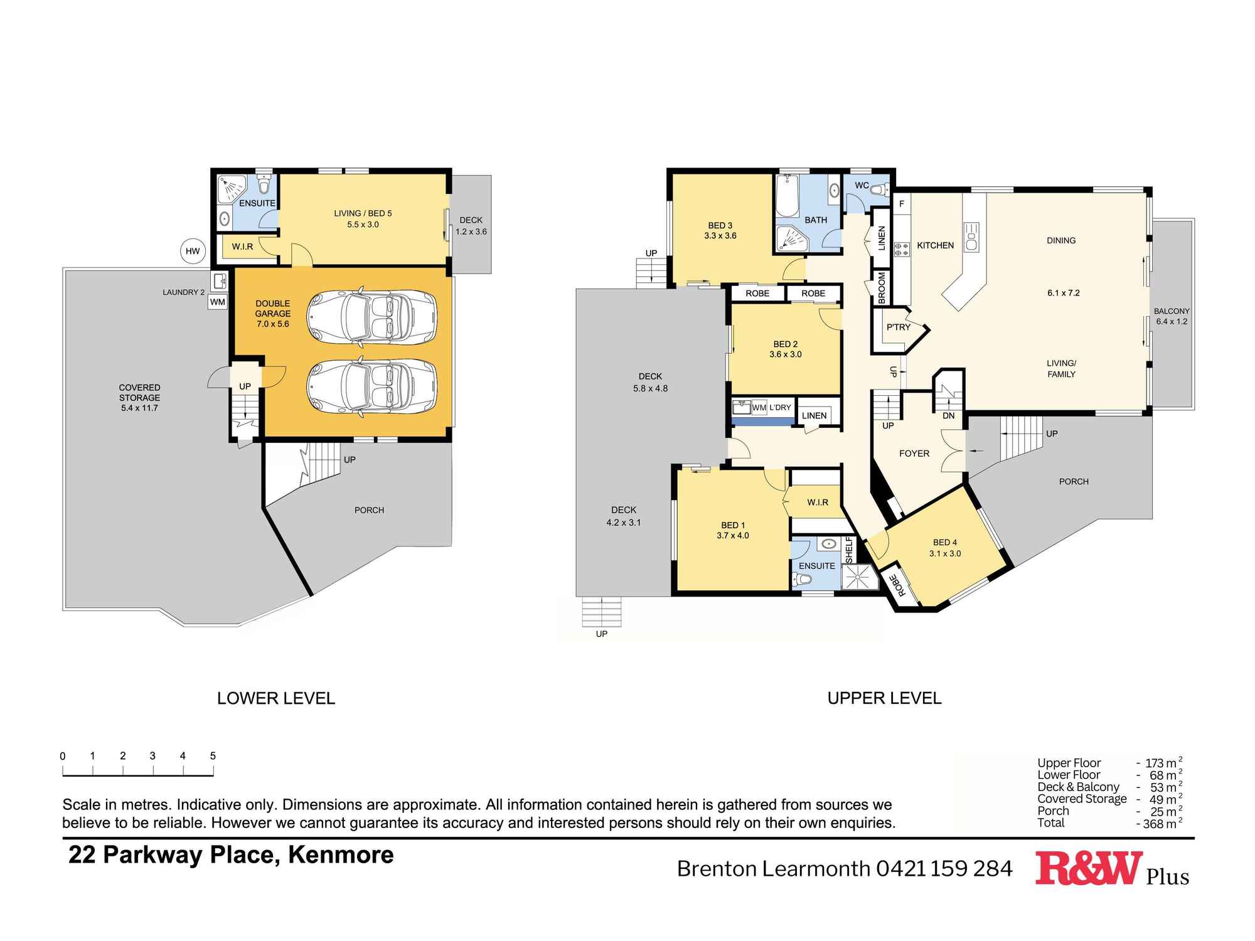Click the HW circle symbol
point(193,252)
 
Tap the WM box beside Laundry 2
point(217,302)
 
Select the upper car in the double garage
point(371,317)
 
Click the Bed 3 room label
point(720,225)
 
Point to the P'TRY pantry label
point(898,327)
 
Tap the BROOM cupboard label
point(882,288)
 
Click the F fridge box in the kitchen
point(902,204)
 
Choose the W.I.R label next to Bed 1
point(818,502)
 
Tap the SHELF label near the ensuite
point(849,550)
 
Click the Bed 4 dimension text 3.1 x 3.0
point(945,554)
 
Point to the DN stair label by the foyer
point(948,416)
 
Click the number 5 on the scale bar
point(213,756)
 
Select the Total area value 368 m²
point(1160,824)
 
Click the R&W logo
point(1087,868)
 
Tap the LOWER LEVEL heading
point(276,698)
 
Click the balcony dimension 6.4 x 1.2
point(1172,322)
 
